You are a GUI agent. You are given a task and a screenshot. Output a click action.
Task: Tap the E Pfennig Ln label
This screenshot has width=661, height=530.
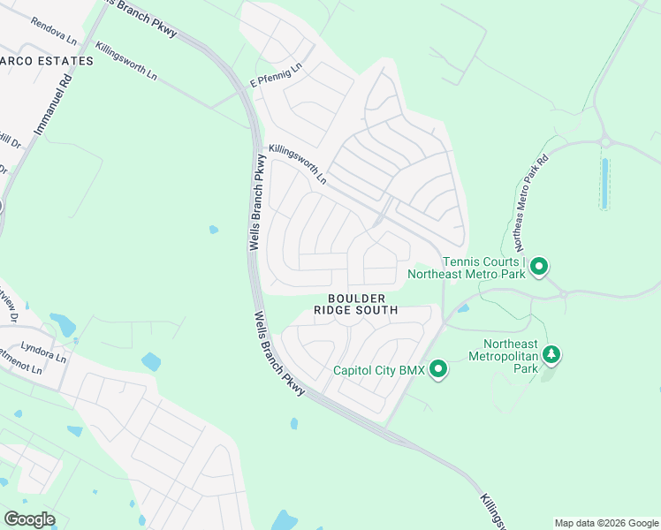(275, 75)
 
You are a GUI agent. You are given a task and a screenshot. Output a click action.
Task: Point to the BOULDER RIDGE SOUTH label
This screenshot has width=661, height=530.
(356, 305)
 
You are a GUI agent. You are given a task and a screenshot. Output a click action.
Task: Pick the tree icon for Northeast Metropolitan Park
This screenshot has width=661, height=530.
(552, 354)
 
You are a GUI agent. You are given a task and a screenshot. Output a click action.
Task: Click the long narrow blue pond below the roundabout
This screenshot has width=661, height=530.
(604, 184)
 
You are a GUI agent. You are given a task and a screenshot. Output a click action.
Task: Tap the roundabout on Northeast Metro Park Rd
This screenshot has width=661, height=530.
(606, 140)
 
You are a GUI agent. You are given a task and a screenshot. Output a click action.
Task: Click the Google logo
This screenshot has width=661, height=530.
(29, 519)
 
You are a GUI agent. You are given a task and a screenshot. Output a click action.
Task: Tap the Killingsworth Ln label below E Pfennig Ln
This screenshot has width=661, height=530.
(298, 165)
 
